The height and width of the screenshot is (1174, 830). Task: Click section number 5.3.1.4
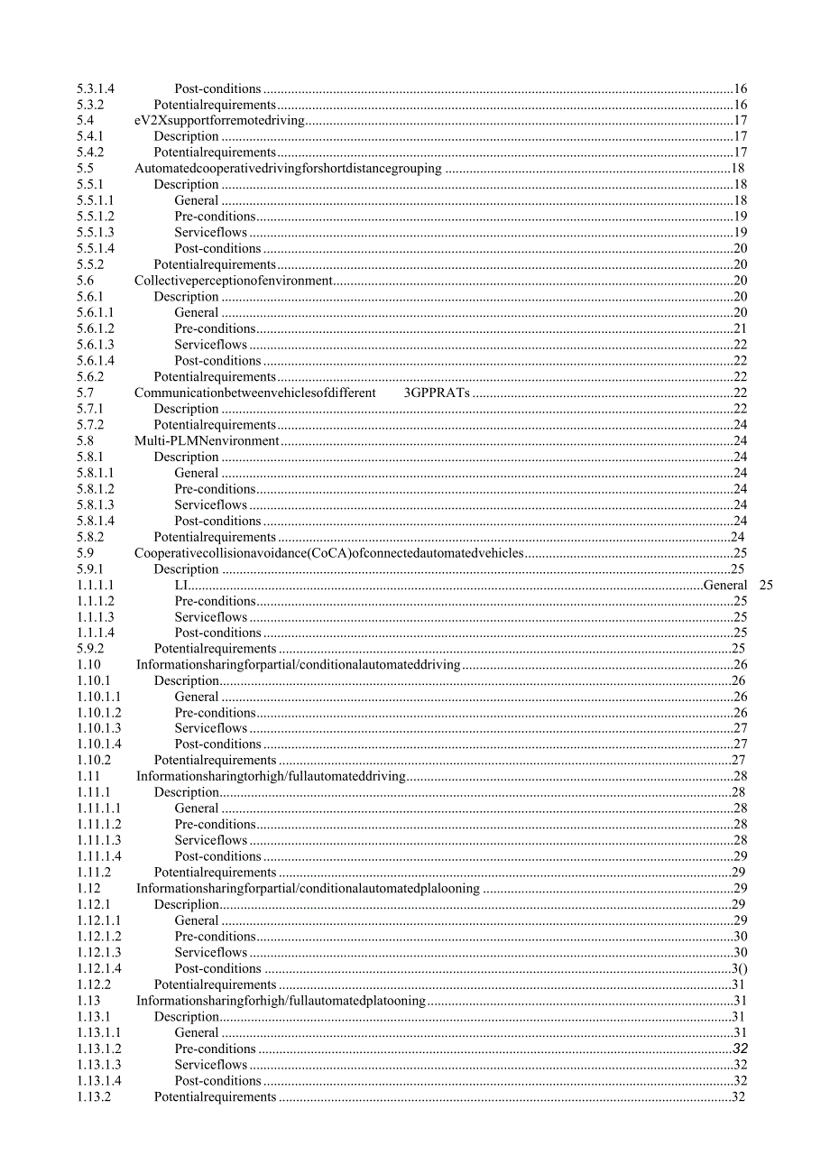point(96,88)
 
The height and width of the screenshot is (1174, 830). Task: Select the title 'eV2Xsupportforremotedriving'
point(219,121)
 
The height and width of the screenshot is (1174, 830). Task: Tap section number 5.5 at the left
point(86,169)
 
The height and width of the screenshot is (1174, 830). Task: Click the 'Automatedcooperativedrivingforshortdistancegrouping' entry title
point(288,169)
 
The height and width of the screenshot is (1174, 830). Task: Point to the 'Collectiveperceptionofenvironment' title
point(234,281)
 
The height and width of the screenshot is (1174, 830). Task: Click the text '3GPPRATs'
point(438,393)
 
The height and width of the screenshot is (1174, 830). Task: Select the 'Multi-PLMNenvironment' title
point(207,441)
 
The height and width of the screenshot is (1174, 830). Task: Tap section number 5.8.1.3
point(96,505)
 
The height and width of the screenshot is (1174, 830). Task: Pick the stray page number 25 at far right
point(766,586)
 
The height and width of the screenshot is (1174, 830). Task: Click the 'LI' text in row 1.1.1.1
point(181,586)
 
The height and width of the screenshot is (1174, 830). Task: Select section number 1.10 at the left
point(88,665)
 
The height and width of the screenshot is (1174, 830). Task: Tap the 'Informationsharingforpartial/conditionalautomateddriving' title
point(298,665)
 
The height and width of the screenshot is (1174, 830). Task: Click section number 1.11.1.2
point(99,825)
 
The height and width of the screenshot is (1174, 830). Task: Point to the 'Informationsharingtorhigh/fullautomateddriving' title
point(271,777)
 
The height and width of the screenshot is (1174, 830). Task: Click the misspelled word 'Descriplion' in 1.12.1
point(187,905)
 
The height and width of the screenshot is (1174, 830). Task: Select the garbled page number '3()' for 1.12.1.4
point(739,969)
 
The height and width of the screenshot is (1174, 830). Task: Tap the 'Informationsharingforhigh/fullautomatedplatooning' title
point(281,1001)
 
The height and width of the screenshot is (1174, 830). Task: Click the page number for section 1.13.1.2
point(740,1049)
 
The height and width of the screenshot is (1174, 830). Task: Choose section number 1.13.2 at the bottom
point(94,1097)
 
